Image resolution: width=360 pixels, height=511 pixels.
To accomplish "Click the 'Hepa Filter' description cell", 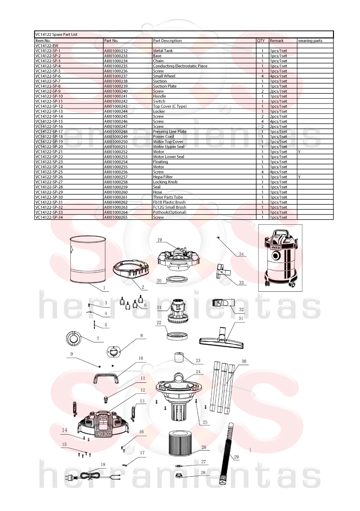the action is (x=163, y=177).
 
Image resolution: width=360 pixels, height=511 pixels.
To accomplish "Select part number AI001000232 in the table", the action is (x=116, y=51).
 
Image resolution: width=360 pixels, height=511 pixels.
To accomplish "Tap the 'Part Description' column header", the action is (x=167, y=41).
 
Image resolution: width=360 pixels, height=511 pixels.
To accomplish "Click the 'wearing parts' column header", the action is (x=310, y=41).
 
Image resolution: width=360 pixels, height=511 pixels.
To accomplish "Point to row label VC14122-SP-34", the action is (x=49, y=218).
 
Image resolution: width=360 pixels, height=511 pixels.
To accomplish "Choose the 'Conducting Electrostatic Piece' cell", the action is (x=180, y=66).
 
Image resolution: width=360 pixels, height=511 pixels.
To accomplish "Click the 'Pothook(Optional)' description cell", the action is (x=169, y=212).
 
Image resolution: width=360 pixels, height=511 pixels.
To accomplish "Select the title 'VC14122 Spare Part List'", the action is (x=56, y=34).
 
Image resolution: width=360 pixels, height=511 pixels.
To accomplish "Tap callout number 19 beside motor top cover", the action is (x=159, y=240).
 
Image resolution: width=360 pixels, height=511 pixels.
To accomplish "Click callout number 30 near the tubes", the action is (x=244, y=361).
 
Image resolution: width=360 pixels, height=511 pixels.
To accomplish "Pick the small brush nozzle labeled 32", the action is (x=224, y=303).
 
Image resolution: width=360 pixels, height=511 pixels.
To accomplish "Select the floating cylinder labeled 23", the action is (x=179, y=357).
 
